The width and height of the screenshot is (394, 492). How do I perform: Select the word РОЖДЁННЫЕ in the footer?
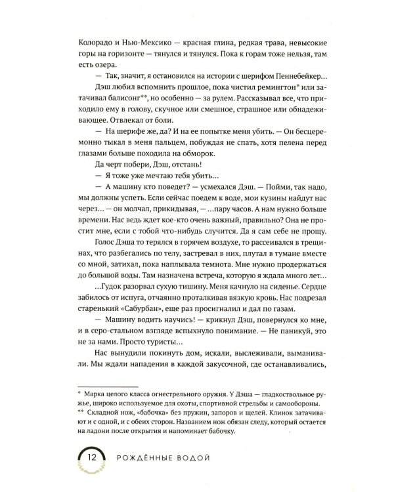(x=144, y=457)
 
